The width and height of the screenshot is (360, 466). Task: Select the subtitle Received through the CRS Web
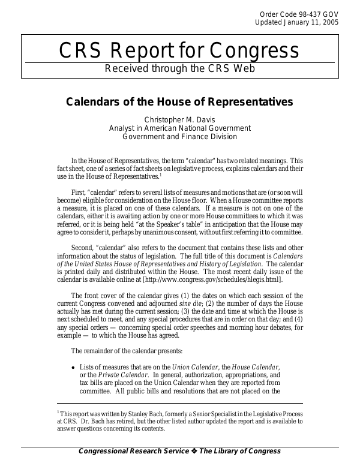(179, 68)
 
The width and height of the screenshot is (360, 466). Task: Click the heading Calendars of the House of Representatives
(179, 102)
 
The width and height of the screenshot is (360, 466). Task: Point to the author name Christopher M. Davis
(179, 119)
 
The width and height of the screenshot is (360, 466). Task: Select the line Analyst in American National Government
(179, 128)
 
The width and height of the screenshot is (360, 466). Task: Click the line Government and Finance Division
(179, 136)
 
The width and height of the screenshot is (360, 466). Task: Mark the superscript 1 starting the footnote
(58, 413)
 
